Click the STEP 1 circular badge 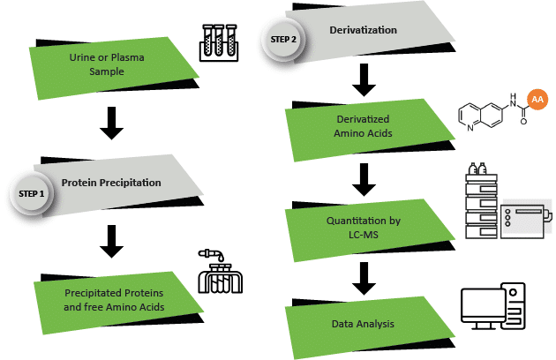coord(31,191)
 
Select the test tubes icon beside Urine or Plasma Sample coord(217,40)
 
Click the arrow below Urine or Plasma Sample coord(111,123)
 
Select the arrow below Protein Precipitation coord(111,240)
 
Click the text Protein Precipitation coord(111,184)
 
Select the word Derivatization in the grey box coord(363,32)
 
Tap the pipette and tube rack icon coord(218,272)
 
